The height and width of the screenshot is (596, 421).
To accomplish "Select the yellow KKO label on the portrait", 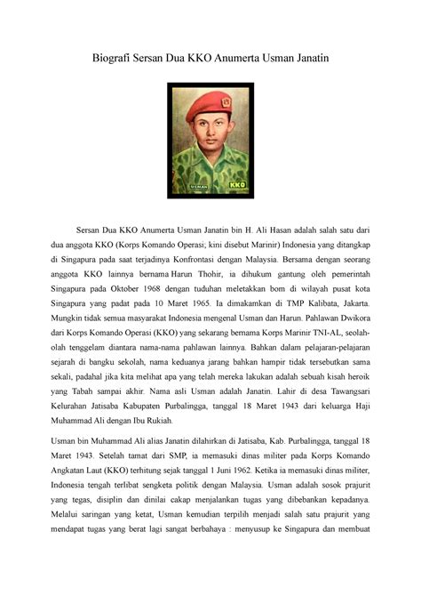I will click(x=236, y=185).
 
